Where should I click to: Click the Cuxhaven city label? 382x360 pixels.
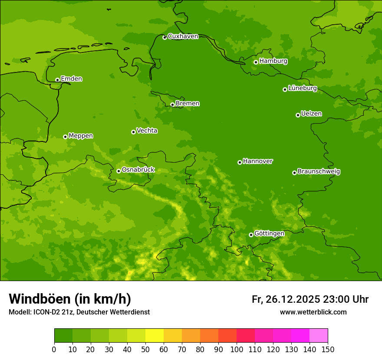click(183, 36)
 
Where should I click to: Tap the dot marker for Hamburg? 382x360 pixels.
click(256, 62)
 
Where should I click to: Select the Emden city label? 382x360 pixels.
click(71, 79)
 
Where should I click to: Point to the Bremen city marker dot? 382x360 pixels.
click(172, 105)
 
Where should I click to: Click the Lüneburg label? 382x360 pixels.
click(302, 88)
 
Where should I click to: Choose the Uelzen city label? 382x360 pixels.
click(311, 114)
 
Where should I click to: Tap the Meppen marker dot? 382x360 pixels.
click(65, 137)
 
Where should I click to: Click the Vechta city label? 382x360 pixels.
click(147, 131)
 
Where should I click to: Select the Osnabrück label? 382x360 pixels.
click(138, 170)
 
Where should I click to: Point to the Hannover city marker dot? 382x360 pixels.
click(240, 162)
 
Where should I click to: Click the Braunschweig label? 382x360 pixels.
click(319, 172)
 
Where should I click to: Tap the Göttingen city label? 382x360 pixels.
click(269, 234)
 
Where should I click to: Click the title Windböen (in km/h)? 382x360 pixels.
click(70, 299)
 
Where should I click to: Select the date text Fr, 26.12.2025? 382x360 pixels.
click(286, 299)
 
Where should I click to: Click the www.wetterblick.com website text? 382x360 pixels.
click(313, 312)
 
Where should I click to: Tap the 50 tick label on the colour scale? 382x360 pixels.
click(145, 349)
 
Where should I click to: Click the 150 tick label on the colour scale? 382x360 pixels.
click(327, 349)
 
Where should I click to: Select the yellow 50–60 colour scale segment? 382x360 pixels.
click(155, 336)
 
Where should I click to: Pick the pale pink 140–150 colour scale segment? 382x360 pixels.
click(318, 336)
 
